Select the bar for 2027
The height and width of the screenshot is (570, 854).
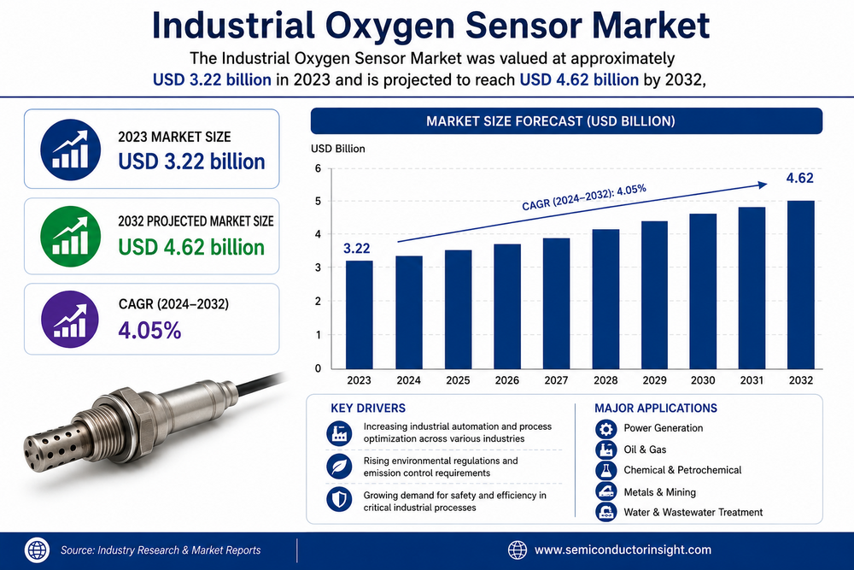(x=556, y=303)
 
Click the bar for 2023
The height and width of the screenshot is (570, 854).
(x=360, y=315)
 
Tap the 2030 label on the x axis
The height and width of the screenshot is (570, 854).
(x=703, y=380)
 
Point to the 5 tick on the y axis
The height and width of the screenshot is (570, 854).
(x=318, y=202)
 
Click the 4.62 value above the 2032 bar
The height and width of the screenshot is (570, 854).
(x=799, y=179)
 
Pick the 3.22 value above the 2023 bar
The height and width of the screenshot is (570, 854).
(x=357, y=249)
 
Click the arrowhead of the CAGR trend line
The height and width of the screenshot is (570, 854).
(x=763, y=185)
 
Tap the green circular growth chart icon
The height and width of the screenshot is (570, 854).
(x=70, y=237)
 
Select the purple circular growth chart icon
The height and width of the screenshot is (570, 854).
(x=70, y=320)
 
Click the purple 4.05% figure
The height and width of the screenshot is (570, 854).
(x=149, y=331)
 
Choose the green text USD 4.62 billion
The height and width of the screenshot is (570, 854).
(x=191, y=248)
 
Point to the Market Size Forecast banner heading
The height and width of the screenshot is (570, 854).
(x=551, y=121)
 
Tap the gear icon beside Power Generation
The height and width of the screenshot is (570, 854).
(x=605, y=429)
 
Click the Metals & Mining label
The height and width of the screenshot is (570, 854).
(x=659, y=492)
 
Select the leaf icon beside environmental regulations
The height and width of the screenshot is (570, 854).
(x=339, y=467)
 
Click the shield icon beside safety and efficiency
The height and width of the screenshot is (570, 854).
(x=339, y=500)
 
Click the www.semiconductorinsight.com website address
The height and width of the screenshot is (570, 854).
(x=623, y=549)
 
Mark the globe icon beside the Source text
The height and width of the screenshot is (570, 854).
(x=37, y=549)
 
